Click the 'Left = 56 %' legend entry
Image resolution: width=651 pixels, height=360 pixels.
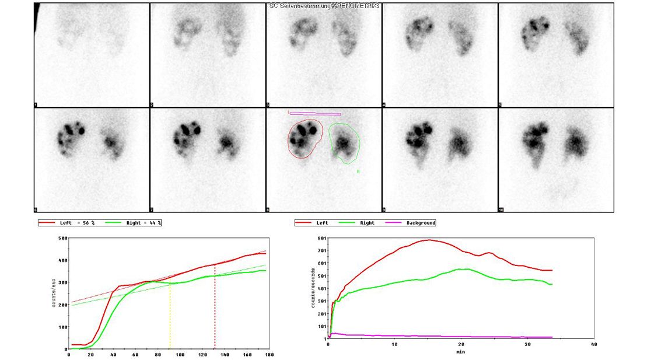73,223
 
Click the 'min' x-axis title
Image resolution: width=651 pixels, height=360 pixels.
461,352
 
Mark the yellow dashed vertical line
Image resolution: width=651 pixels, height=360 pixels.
170,315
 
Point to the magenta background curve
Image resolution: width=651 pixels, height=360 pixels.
437,337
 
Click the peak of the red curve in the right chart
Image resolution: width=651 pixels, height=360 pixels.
429,240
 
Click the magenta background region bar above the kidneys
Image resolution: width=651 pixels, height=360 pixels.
315,114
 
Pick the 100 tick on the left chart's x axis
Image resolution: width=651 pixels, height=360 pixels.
180,354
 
